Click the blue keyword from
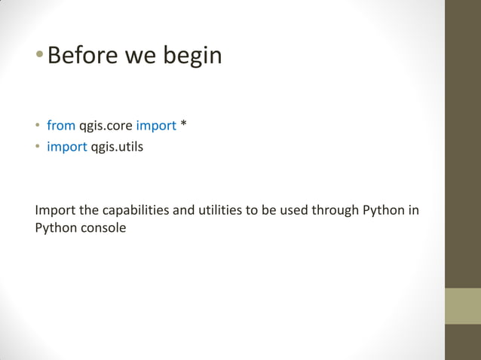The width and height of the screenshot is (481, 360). pyautogui.click(x=61, y=125)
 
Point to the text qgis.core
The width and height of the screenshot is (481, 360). pyautogui.click(x=106, y=125)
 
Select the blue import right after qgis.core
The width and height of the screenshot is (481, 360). pyautogui.click(x=156, y=125)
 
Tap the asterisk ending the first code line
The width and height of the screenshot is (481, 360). pyautogui.click(x=183, y=124)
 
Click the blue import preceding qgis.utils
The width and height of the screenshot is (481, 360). pyautogui.click(x=67, y=146)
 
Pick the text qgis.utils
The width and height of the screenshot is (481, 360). pyautogui.click(x=117, y=146)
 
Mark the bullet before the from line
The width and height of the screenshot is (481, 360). pyautogui.click(x=38, y=126)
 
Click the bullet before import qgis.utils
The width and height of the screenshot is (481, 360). pyautogui.click(x=38, y=147)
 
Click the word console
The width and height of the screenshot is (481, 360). pyautogui.click(x=102, y=227)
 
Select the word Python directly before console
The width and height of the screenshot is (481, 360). pyautogui.click(x=55, y=227)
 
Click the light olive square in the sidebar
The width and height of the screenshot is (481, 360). pyautogui.click(x=462, y=306)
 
